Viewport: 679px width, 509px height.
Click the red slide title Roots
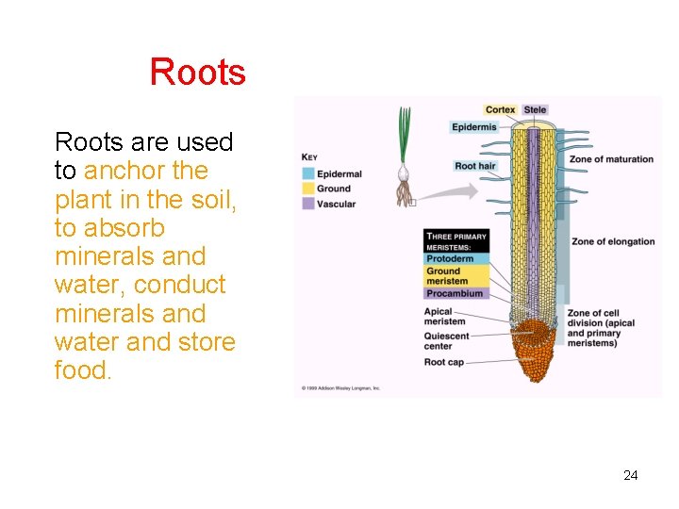pos(197,73)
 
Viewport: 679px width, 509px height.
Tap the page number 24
pos(630,475)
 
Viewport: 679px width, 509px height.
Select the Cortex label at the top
pos(500,109)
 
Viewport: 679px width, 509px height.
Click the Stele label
pos(535,109)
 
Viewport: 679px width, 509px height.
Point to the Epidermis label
pos(474,127)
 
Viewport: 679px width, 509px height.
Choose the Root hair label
pos(474,166)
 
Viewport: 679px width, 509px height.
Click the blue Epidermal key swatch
pos(308,174)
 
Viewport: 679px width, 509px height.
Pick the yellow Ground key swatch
pos(308,189)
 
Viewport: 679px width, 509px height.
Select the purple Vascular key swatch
pos(308,204)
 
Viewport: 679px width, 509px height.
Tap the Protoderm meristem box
pos(455,258)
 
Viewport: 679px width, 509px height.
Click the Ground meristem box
pos(455,275)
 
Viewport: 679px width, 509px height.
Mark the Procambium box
pos(455,293)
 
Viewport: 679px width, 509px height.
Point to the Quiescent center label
pos(446,340)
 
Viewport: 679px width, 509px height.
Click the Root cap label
pos(443,362)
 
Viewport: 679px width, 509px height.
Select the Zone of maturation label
pos(611,159)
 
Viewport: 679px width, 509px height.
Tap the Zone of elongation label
pos(613,241)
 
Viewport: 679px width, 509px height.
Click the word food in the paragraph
pos(83,370)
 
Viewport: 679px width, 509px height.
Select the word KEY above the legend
pos(309,157)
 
